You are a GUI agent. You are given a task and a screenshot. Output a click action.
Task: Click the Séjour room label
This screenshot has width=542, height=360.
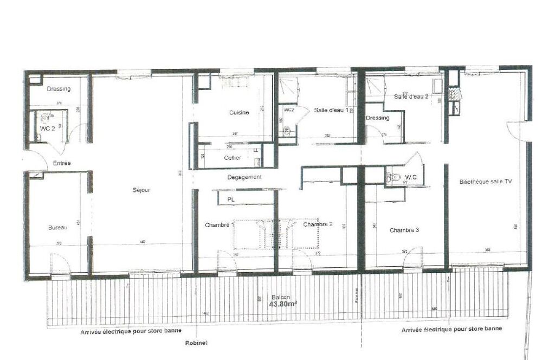141,190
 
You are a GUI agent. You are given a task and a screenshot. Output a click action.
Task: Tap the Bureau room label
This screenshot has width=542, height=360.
57,227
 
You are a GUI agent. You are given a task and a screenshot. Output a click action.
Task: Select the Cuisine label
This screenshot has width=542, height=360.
239,113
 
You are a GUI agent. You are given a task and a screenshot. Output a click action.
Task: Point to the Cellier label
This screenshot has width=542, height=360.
233,158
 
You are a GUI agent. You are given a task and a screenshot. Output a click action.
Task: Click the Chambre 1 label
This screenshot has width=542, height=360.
220,224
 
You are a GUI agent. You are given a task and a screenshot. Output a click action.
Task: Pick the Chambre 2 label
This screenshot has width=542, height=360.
318,224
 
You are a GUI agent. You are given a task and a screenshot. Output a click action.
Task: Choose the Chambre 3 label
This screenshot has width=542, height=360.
404,230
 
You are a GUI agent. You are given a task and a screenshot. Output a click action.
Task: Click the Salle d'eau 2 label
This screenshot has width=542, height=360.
412,97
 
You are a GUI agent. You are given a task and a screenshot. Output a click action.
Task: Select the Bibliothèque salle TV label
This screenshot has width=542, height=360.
485,182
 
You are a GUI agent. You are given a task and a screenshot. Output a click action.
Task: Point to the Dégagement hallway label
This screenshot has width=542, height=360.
244,177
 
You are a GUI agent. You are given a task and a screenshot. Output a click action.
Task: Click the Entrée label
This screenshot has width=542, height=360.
61,163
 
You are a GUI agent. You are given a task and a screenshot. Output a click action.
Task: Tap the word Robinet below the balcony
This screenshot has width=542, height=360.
196,343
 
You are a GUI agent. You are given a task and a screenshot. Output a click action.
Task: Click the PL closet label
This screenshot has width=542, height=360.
230,200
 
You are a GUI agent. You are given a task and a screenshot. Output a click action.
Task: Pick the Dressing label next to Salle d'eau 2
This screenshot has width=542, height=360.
378,118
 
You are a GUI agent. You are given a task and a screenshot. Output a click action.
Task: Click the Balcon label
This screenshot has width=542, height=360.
281,298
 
